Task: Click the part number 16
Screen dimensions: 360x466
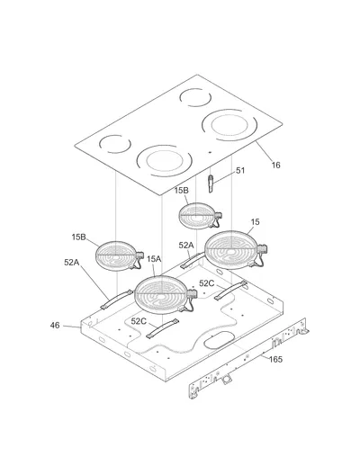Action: [x=275, y=165]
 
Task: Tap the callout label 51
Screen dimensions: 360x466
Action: [x=240, y=171]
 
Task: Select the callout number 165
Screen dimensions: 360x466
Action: [x=275, y=359]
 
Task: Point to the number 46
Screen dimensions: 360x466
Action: [x=55, y=326]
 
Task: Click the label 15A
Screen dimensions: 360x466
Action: [x=154, y=259]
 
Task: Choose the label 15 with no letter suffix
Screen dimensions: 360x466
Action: [x=255, y=222]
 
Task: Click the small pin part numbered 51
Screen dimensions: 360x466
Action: [x=211, y=184]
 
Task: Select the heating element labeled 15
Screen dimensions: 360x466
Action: [x=231, y=250]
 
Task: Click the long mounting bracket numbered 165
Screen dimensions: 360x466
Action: [x=249, y=358]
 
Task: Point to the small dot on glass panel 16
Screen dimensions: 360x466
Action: [x=210, y=152]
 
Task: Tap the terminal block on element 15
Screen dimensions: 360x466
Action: [x=263, y=249]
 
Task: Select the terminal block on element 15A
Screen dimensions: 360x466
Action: [x=193, y=294]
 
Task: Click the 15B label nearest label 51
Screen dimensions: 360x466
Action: [x=182, y=191]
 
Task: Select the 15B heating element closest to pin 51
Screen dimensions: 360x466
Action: [x=198, y=216]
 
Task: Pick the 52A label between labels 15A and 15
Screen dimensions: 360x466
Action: [x=186, y=246]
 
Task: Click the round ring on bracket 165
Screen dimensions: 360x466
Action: [x=225, y=379]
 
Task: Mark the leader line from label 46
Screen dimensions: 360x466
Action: [x=72, y=327]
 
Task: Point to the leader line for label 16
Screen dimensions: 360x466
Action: [x=264, y=151]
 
